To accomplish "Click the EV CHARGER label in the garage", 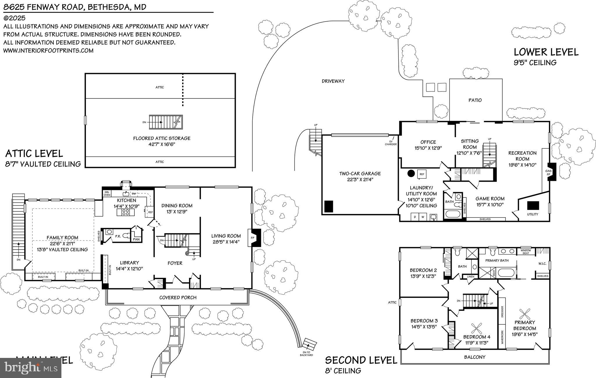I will [391, 143].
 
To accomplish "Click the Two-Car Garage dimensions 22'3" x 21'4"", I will [360, 180].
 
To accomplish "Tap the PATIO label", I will [475, 100].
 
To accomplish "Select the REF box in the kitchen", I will [150, 212].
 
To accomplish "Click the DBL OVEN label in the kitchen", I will [107, 193].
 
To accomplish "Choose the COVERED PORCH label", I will [178, 297].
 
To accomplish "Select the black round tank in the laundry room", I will [411, 174].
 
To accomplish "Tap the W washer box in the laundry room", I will [422, 217].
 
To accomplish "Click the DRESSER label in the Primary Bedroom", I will [502, 311].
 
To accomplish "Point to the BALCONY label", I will [475, 357].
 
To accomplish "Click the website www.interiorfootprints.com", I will [48, 51].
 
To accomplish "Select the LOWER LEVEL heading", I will [546, 52].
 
